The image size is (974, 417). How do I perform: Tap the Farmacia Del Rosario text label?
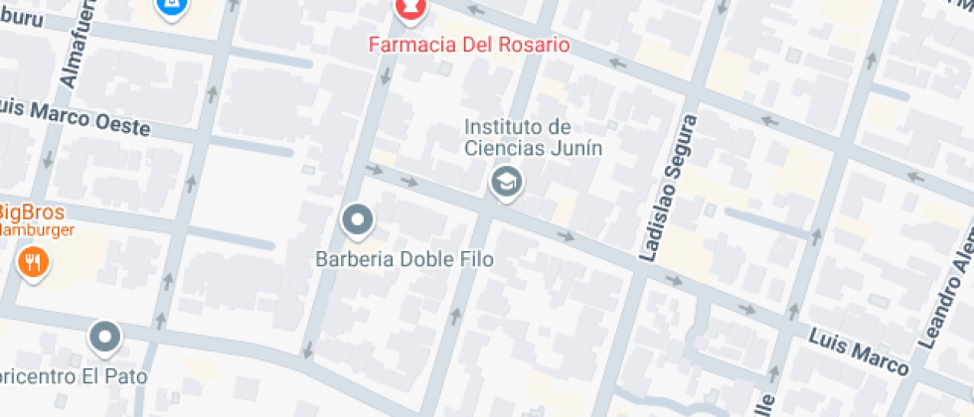(x=468, y=45)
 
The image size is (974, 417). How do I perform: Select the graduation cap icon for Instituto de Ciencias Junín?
(x=507, y=183)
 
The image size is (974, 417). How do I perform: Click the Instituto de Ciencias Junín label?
(x=519, y=137)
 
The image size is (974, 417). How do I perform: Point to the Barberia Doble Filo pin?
(x=357, y=219)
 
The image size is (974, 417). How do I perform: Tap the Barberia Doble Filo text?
(x=405, y=259)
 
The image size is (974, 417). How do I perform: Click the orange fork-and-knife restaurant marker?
(x=34, y=262)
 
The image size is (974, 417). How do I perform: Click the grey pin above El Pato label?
(x=104, y=338)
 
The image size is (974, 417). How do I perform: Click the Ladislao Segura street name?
(x=665, y=188)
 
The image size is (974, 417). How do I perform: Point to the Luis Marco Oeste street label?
(x=74, y=117)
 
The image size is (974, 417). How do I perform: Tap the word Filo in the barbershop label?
(x=475, y=259)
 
